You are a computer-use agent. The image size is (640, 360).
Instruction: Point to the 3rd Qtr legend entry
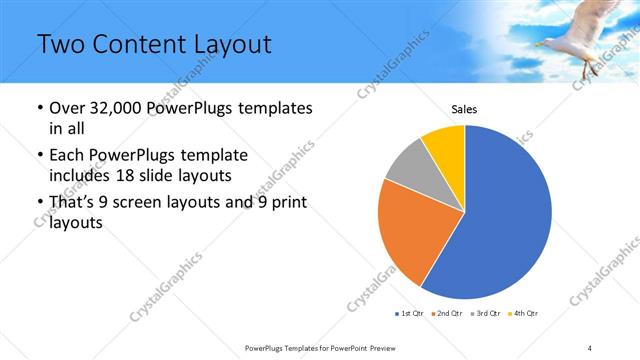pos(487,314)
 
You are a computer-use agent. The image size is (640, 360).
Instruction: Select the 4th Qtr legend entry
pos(525,314)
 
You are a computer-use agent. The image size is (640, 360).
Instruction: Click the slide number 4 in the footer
pos(591,347)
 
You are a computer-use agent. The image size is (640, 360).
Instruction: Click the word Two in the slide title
pos(60,44)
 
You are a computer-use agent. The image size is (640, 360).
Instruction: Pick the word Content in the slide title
pos(135,44)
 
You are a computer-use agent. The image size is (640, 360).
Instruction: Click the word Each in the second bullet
pos(69,155)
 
